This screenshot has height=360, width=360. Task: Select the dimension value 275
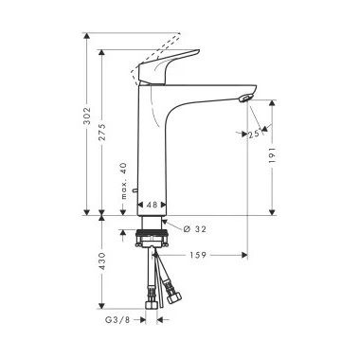[x=105, y=137]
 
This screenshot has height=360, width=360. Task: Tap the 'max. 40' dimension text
[x=123, y=180]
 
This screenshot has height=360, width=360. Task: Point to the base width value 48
[x=152, y=204]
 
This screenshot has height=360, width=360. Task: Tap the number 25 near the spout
[x=254, y=134]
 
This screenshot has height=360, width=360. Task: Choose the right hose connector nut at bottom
[x=174, y=296]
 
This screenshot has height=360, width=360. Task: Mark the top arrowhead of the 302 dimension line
[x=87, y=37]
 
